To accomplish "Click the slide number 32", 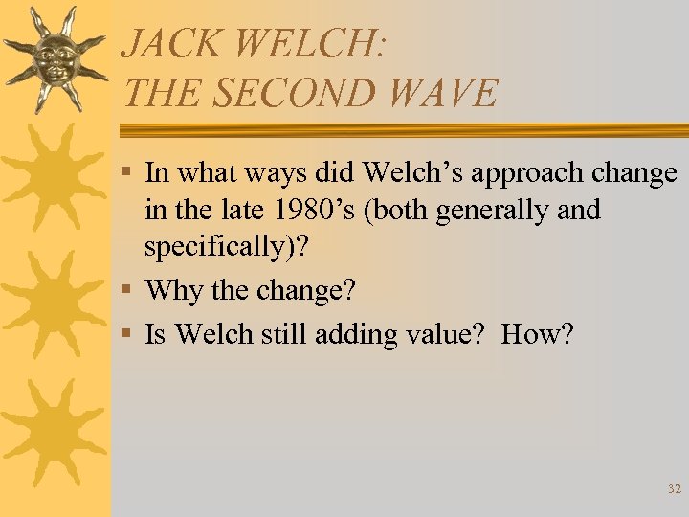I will tap(674, 489).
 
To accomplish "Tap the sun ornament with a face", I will tap(54, 58).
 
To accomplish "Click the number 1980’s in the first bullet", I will tap(310, 209).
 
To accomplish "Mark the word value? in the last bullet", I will tap(440, 334).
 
